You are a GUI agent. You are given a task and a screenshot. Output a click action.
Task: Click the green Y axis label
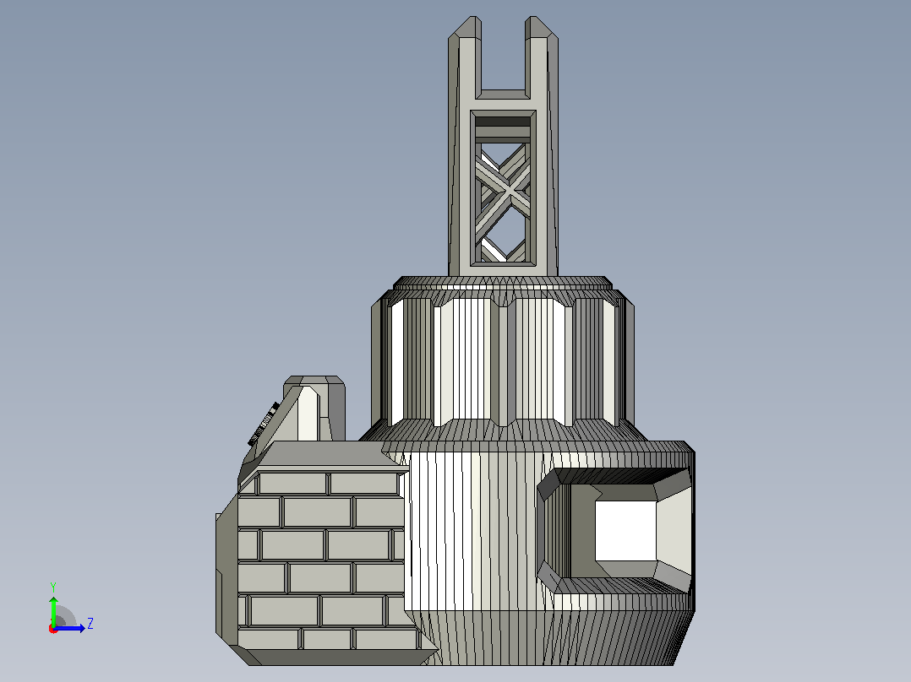tap(53, 587)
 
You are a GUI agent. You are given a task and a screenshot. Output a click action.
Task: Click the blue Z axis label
tap(90, 624)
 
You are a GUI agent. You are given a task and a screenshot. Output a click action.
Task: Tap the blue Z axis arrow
tap(69, 628)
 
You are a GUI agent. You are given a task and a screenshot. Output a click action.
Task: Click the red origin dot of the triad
tap(53, 629)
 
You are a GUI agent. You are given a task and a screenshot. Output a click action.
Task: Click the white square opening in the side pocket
tap(625, 531)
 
